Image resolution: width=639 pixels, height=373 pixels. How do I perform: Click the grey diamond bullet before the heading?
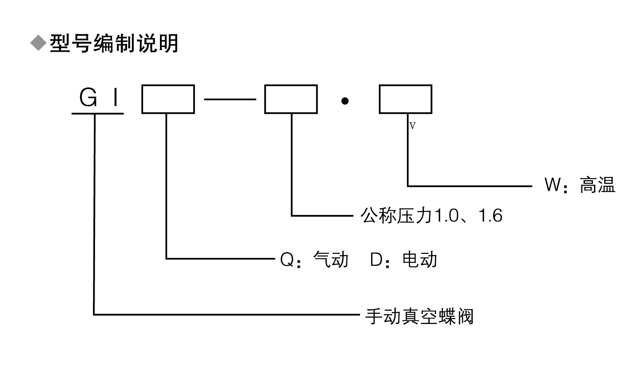pos(38,43)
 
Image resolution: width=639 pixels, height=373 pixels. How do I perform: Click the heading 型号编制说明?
pos(114,43)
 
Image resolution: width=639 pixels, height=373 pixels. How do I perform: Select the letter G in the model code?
pos(88,97)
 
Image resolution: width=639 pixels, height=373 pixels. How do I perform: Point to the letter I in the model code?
pos(116,97)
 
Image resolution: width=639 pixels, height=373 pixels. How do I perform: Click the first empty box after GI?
pos(168,99)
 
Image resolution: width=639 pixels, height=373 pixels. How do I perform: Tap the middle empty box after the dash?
pos(291,99)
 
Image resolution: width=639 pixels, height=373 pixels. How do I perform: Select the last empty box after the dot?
pos(405,99)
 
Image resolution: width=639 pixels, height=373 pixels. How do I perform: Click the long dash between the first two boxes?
pos(230,99)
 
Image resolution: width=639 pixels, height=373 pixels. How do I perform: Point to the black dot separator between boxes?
pos(345,101)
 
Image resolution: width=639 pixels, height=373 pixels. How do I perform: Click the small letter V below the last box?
pos(413,126)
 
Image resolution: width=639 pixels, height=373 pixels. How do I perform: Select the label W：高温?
pos(579,185)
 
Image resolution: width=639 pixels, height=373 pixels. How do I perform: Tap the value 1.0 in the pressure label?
pos(446,216)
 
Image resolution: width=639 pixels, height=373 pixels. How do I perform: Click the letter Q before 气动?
pos(287,260)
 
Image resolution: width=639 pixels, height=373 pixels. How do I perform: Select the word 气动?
pos(331,259)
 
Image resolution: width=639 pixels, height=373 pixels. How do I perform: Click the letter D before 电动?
pos(376,260)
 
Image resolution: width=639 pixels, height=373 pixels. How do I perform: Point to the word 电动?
pos(420,259)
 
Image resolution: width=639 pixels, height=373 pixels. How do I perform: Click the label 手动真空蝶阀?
pos(419,316)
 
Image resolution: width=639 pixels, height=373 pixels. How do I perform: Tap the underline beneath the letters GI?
pos(97,114)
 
